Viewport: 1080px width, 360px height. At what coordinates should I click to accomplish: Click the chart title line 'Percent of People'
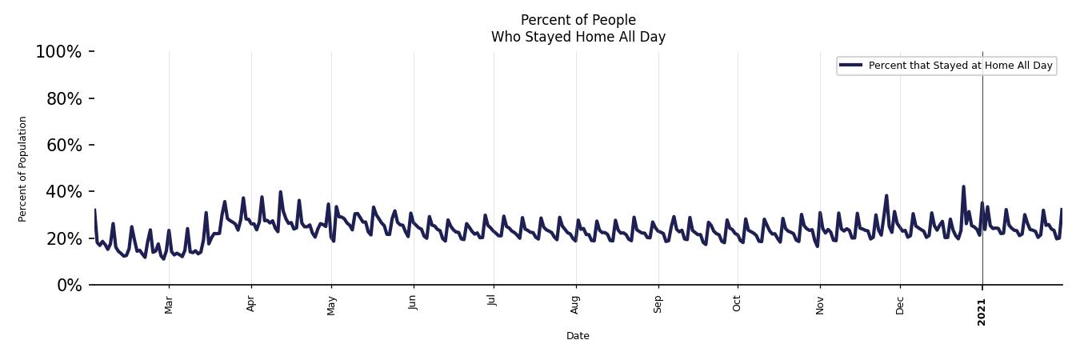click(x=578, y=20)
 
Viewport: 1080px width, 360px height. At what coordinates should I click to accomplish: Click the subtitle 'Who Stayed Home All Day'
click(x=578, y=37)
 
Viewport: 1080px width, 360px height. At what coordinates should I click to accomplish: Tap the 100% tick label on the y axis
click(x=58, y=52)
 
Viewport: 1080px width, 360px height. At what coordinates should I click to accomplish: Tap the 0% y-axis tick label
click(x=69, y=286)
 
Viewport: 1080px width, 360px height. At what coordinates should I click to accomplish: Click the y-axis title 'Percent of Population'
click(x=23, y=169)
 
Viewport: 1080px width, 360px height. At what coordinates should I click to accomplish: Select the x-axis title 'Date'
click(x=578, y=336)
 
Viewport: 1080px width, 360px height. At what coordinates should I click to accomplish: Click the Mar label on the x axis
click(x=169, y=305)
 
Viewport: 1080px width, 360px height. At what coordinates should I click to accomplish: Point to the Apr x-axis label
click(x=251, y=304)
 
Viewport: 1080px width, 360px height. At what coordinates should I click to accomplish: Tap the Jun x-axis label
click(x=413, y=304)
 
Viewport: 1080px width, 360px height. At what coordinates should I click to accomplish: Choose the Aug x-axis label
click(x=575, y=305)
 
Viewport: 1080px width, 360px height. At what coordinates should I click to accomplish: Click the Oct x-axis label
click(x=737, y=304)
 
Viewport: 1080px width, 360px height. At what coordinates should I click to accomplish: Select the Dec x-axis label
click(x=900, y=305)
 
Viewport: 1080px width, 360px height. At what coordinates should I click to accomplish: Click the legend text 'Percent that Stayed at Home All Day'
click(x=960, y=66)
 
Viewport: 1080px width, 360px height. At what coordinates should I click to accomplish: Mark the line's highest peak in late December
click(x=963, y=186)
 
